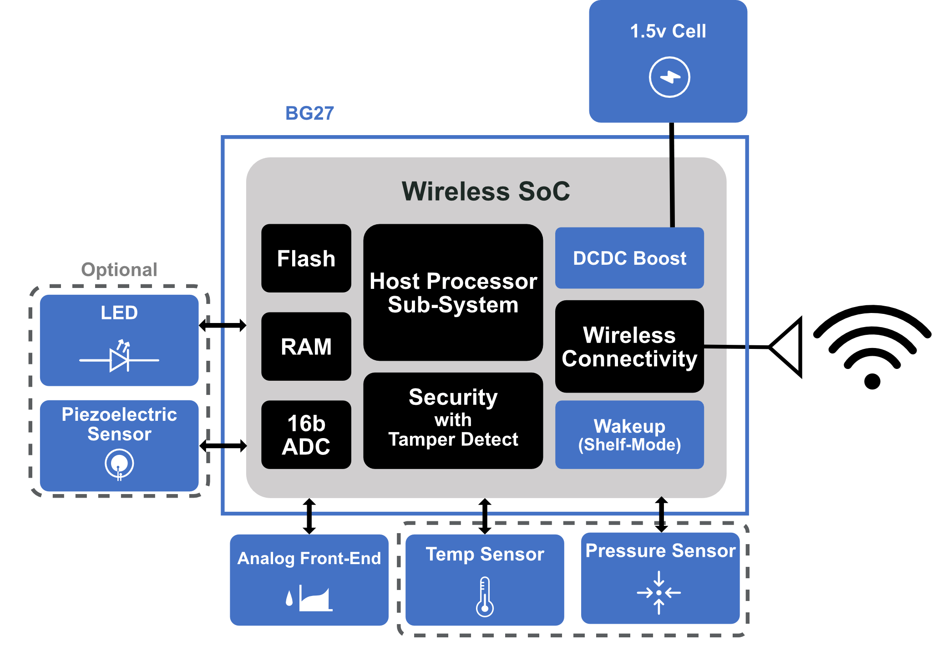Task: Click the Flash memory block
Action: [306, 258]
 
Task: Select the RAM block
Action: [306, 346]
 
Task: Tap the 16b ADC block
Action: [306, 434]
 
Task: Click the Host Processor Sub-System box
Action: [453, 293]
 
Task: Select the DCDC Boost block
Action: [629, 258]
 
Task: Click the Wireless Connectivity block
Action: [629, 346]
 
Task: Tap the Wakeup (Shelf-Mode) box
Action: [629, 434]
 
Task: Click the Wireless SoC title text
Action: [486, 191]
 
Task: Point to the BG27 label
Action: [309, 113]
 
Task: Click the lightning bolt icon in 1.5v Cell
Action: [669, 77]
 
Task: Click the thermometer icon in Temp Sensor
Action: [485, 596]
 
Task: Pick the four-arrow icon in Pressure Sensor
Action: [659, 592]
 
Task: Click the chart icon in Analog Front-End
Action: [315, 599]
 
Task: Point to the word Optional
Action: [119, 269]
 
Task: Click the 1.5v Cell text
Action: [668, 31]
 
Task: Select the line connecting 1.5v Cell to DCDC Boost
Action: [672, 182]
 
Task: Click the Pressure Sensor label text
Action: [660, 550]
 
